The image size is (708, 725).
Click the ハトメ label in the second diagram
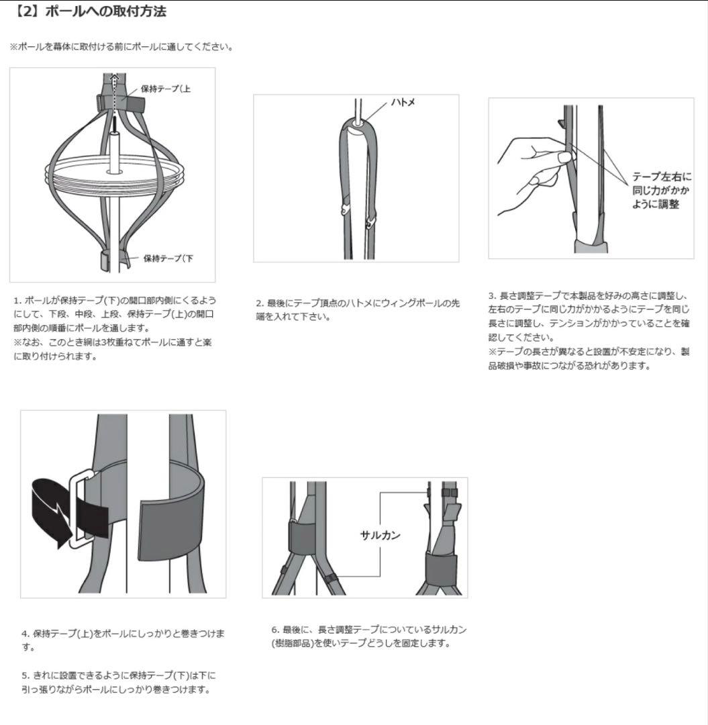click(405, 102)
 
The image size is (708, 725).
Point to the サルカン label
click(381, 535)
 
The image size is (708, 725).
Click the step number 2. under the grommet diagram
click(259, 303)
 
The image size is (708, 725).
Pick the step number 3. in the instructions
click(492, 295)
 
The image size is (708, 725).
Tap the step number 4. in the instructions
click(25, 633)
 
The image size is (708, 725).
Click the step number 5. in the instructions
click(25, 675)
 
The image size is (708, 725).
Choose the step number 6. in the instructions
click(275, 630)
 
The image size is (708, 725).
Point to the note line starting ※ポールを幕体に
click(121, 46)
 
